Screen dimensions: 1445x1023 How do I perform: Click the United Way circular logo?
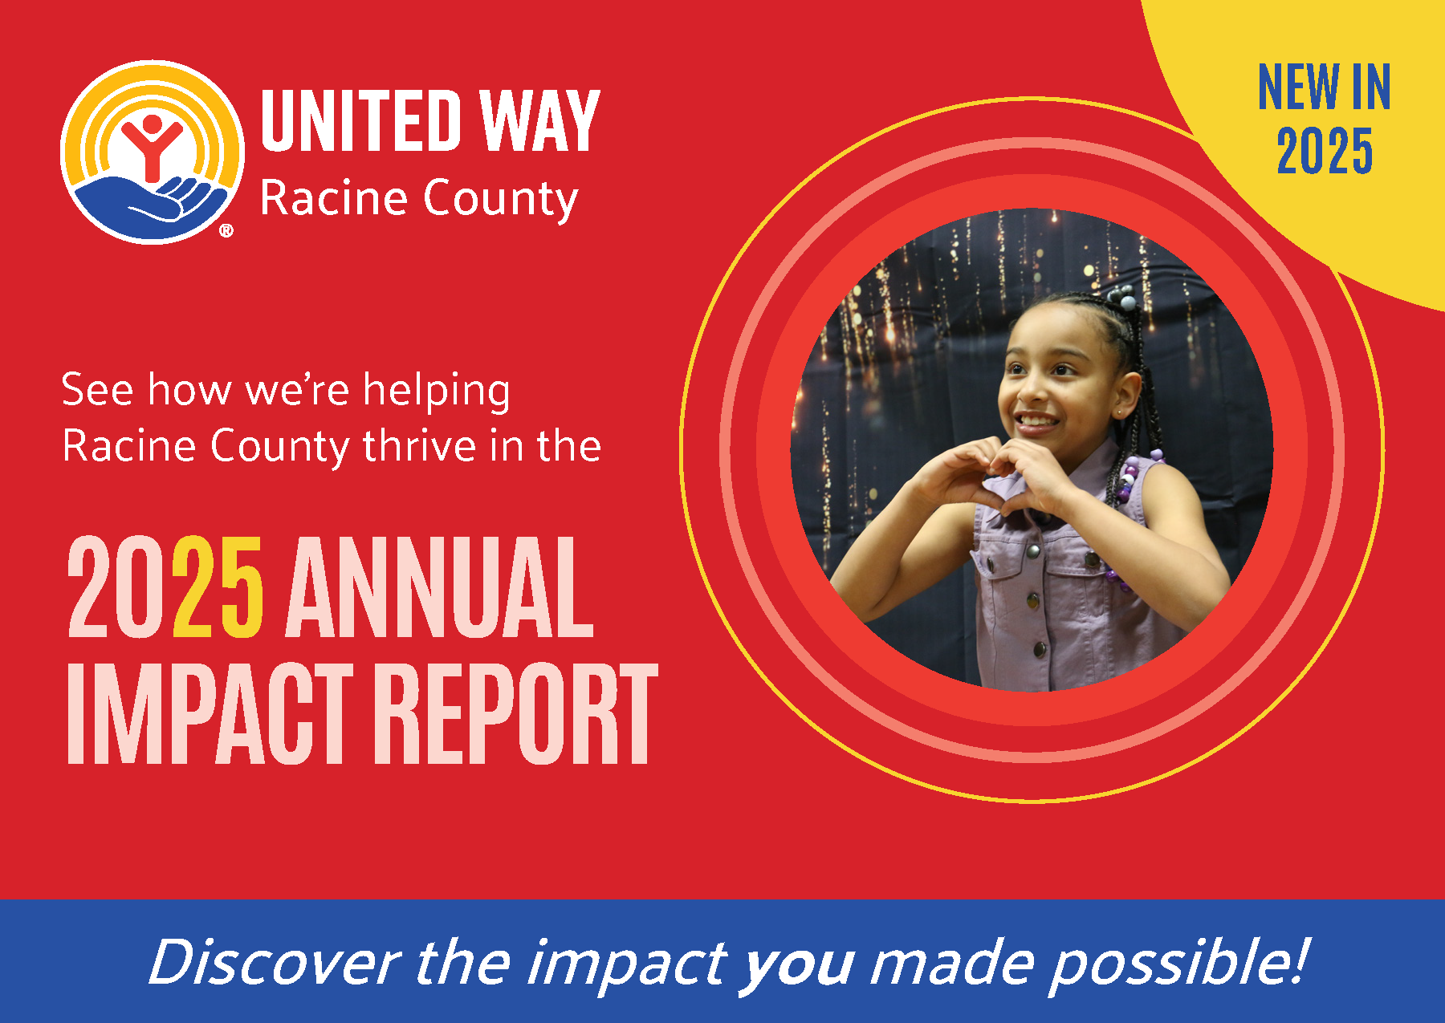[x=152, y=152]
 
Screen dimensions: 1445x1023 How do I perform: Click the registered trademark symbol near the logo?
[x=226, y=231]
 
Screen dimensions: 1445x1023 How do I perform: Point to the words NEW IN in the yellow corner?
[x=1324, y=87]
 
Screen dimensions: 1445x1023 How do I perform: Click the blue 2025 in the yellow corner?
[x=1325, y=151]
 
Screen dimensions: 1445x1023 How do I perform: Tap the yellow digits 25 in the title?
[x=218, y=587]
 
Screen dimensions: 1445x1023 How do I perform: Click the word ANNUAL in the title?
[x=440, y=587]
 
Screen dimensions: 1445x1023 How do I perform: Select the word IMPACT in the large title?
[x=210, y=713]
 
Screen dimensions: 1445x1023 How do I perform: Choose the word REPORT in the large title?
[x=516, y=713]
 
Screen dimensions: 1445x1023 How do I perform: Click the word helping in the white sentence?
[x=437, y=392]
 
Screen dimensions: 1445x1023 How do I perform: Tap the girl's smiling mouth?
[x=1036, y=421]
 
